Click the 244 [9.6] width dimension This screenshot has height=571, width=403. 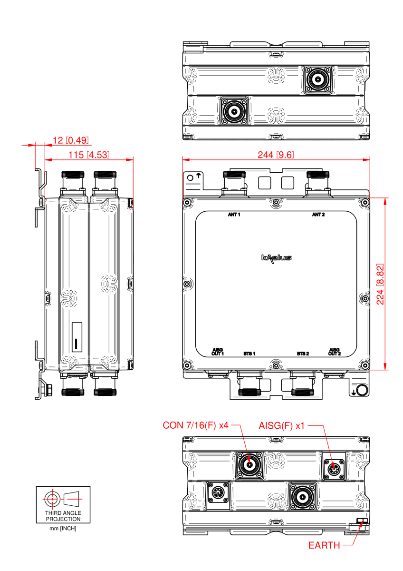276,154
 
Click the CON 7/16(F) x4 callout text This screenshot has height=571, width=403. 196,425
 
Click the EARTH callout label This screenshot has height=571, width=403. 324,545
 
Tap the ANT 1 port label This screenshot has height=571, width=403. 234,215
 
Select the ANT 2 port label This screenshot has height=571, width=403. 318,215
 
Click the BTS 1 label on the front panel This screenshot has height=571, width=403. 249,354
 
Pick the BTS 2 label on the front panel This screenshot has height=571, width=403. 303,354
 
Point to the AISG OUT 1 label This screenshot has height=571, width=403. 218,352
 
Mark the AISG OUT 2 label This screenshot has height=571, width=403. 335,352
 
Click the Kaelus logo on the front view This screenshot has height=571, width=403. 276,258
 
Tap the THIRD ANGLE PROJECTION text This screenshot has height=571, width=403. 63,516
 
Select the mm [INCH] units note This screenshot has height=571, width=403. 63,528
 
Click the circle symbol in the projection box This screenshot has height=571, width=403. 51,499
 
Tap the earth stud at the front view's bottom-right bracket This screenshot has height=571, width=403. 362,390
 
